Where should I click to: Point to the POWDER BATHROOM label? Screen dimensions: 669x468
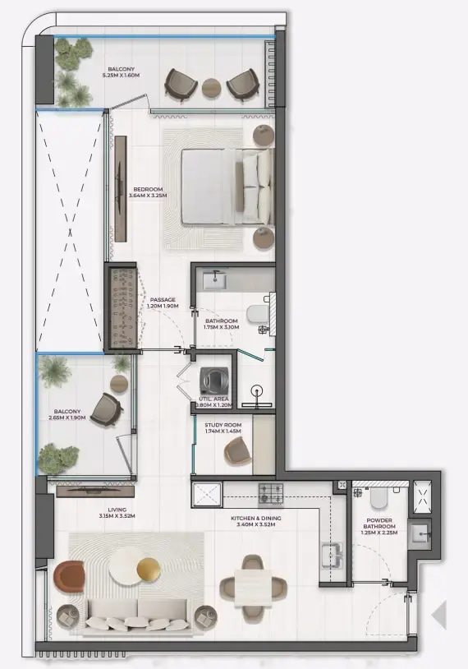point(379,524)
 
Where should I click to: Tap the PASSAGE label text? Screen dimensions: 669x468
point(162,299)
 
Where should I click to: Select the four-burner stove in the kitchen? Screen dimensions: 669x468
point(271,494)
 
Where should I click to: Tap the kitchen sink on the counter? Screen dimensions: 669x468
point(333,556)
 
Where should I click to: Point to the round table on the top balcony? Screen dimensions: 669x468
point(212,85)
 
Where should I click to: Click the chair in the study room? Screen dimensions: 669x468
point(239,450)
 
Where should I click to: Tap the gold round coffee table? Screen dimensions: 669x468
point(149,568)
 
